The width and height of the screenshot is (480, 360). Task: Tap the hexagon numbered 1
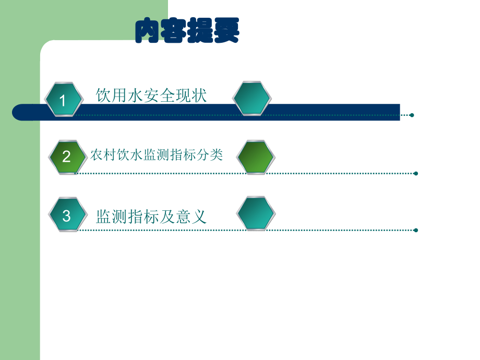[63, 100]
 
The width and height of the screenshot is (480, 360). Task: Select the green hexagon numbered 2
[67, 157]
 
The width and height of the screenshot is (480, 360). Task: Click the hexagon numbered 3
[67, 215]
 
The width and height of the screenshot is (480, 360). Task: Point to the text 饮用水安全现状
[151, 95]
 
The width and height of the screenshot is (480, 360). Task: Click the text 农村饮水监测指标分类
[157, 155]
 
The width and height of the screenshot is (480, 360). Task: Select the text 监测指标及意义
[151, 217]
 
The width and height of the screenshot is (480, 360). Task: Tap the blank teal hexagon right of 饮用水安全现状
[251, 98]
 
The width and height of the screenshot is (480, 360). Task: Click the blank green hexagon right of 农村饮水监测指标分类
[256, 157]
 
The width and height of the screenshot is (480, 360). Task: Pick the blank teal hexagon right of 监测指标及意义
[256, 213]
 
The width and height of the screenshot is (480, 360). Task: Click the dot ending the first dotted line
[412, 115]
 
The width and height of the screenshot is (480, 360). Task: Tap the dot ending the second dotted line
[416, 173]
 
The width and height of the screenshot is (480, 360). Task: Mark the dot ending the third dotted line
[416, 230]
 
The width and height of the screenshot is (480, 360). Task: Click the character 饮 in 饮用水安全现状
[103, 95]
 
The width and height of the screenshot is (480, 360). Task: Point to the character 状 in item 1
[199, 95]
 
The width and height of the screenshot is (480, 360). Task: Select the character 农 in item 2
[96, 155]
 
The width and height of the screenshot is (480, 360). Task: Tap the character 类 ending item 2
[217, 155]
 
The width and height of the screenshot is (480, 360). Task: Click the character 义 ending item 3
[199, 217]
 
